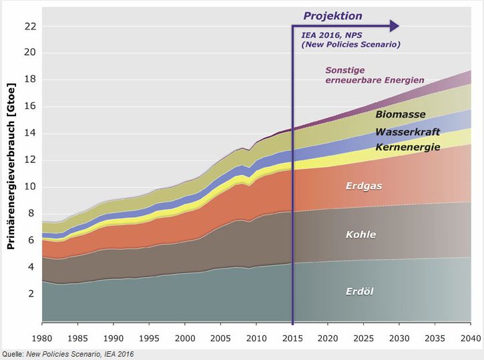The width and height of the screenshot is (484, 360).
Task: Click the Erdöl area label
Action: (x=359, y=292)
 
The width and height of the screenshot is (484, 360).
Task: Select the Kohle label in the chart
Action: (x=360, y=234)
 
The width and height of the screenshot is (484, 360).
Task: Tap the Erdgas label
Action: (x=364, y=186)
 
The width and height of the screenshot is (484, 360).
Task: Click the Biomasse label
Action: (x=401, y=115)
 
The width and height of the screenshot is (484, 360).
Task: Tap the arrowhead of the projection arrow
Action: (x=395, y=26)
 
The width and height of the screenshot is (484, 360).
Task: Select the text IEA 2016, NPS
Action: (x=332, y=36)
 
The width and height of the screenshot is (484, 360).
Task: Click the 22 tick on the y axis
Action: (x=29, y=27)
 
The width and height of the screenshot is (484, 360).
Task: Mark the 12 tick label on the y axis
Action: (x=29, y=160)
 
